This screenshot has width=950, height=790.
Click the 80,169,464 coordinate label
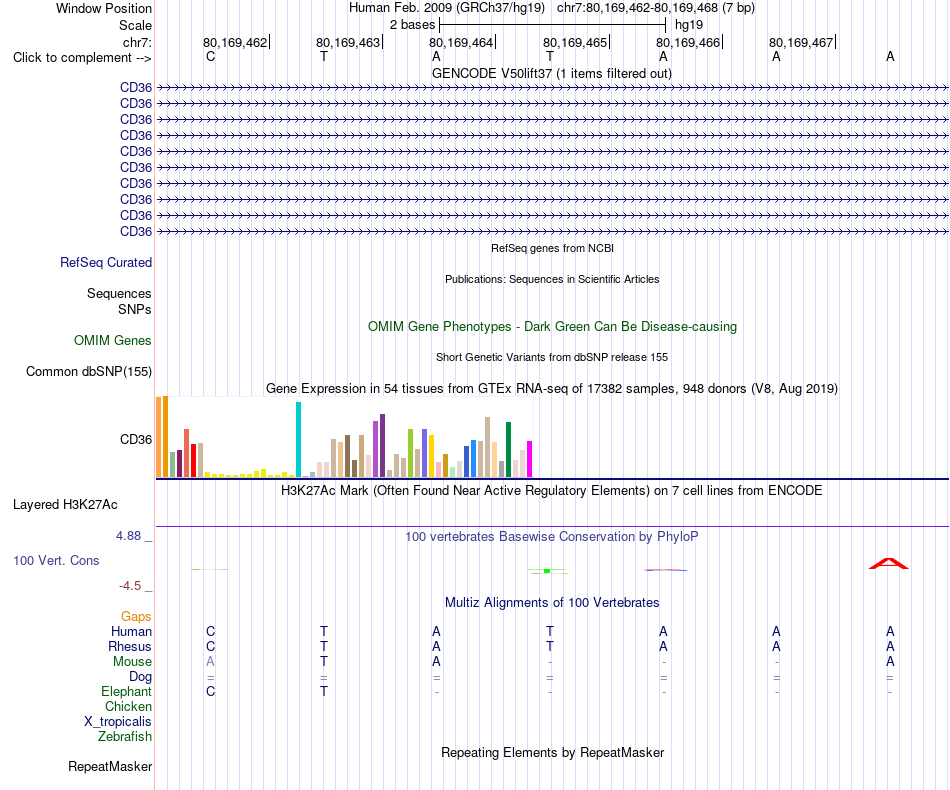click(x=461, y=42)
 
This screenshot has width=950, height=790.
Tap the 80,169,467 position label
click(x=801, y=42)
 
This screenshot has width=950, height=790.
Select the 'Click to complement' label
click(x=73, y=58)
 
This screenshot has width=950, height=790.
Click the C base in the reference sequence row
click(x=210, y=56)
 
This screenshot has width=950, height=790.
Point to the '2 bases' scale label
click(x=413, y=25)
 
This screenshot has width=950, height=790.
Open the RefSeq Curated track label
click(x=106, y=262)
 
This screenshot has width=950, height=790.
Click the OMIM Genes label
click(x=113, y=340)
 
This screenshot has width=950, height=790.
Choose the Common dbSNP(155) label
click(x=89, y=371)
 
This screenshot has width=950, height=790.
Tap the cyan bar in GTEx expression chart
click(x=298, y=440)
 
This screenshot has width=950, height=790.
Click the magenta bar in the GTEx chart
click(x=530, y=459)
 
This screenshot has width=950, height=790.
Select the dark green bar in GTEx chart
click(x=508, y=450)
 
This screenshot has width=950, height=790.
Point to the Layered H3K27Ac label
click(x=65, y=505)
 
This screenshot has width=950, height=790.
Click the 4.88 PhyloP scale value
click(x=128, y=536)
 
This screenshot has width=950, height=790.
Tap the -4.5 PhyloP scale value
click(x=130, y=586)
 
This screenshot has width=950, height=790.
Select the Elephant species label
click(x=127, y=691)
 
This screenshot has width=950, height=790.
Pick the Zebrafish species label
click(x=125, y=737)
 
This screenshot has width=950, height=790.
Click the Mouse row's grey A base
click(x=210, y=662)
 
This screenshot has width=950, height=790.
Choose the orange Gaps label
click(x=136, y=616)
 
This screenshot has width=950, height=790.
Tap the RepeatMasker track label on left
click(x=110, y=766)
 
